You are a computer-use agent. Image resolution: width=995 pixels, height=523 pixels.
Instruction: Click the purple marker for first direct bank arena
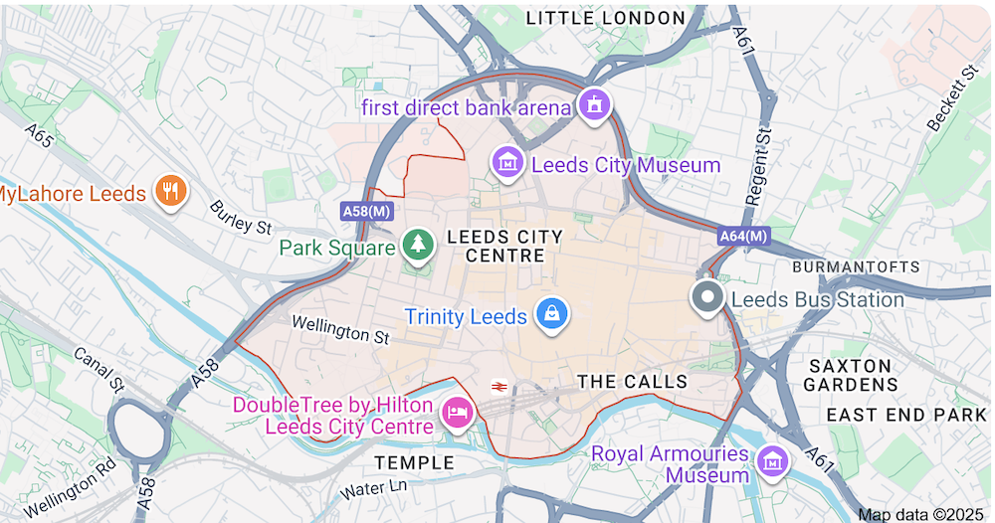[x=594, y=103]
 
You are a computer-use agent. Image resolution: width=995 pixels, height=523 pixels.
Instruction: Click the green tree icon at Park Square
[x=419, y=244]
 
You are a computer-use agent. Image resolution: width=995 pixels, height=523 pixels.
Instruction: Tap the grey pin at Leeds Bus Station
[x=708, y=297]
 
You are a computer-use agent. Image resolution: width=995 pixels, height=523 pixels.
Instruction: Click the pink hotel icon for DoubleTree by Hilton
[x=457, y=411]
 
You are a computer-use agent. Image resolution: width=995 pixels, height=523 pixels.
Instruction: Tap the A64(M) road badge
[x=743, y=236]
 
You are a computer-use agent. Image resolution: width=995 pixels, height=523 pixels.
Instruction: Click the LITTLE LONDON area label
[x=605, y=18]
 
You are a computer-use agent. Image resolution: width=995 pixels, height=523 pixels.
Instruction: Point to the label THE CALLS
[x=632, y=382]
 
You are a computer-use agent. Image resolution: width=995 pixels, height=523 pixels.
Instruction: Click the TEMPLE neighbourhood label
[x=414, y=462]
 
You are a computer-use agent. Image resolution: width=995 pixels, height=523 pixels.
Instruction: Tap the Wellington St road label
[x=339, y=329]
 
